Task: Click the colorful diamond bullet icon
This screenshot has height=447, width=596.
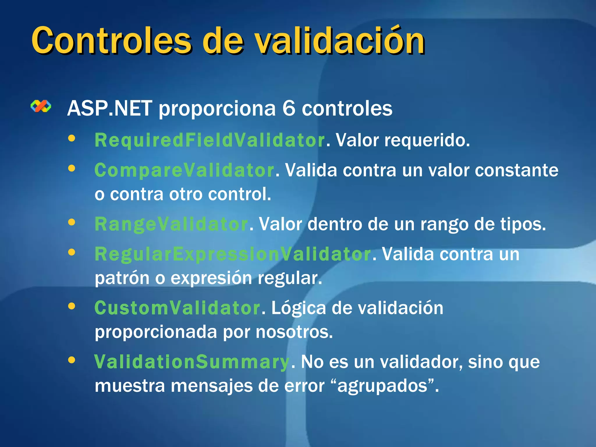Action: [x=41, y=107]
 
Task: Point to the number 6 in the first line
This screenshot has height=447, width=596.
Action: [x=288, y=108]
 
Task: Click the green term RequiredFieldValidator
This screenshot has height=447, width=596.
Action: [x=210, y=140]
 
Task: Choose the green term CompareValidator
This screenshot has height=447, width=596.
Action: [x=184, y=170]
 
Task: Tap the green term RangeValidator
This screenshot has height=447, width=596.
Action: [x=171, y=224]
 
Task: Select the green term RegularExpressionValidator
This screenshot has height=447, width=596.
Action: [x=233, y=254]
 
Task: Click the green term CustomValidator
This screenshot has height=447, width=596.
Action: [x=177, y=308]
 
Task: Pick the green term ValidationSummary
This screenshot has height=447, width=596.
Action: [x=191, y=362]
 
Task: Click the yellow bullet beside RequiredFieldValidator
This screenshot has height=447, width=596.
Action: [x=72, y=139]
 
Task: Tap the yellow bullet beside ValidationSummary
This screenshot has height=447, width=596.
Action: [x=72, y=360]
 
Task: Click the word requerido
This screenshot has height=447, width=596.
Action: [x=427, y=140]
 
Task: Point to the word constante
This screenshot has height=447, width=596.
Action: [x=517, y=170]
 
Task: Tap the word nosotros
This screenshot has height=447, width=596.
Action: [x=294, y=332]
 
